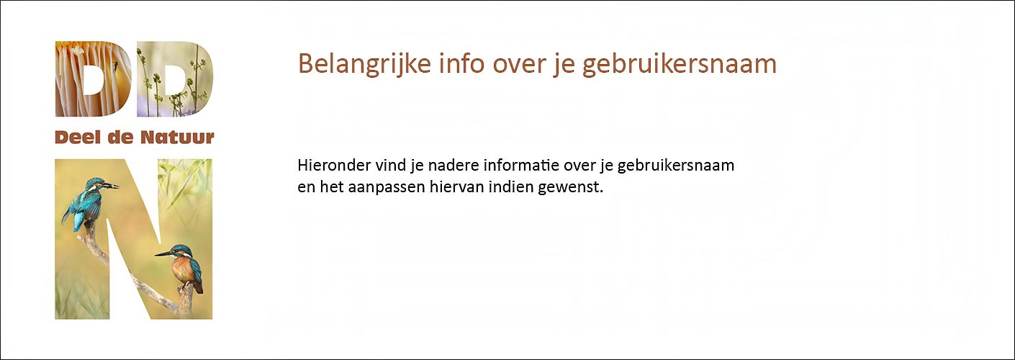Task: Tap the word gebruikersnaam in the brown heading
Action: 680,64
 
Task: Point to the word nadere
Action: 453,165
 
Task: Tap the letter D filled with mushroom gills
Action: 94,79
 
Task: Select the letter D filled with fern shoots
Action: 175,79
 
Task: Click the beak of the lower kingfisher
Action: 162,254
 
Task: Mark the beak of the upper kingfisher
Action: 112,185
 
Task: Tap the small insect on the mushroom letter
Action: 115,66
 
